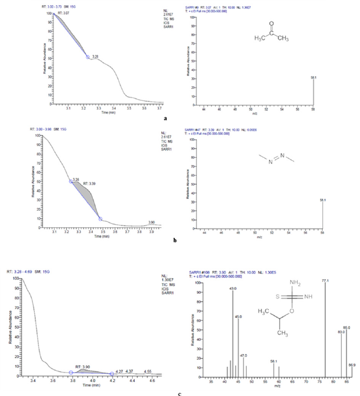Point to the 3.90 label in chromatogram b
click(151, 222)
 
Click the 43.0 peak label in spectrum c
click(233, 288)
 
